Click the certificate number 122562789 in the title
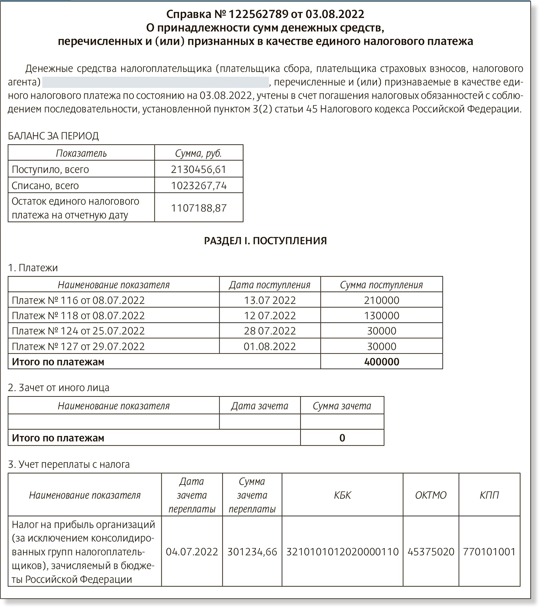pyautogui.click(x=258, y=14)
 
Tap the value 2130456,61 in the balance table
pyautogui.click(x=199, y=169)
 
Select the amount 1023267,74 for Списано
pyautogui.click(x=199, y=185)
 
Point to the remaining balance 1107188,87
pyautogui.click(x=199, y=208)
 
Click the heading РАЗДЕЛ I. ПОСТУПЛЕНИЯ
pyautogui.click(x=265, y=241)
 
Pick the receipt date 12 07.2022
pyautogui.click(x=270, y=316)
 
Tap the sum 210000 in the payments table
pyautogui.click(x=382, y=300)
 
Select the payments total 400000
pyautogui.click(x=382, y=362)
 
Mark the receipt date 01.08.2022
pyautogui.click(x=270, y=346)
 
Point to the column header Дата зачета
pyautogui.click(x=260, y=406)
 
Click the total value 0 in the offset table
pyautogui.click(x=342, y=438)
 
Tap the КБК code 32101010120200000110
pyautogui.click(x=342, y=552)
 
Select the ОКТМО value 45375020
pyautogui.click(x=431, y=552)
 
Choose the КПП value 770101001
pyautogui.click(x=489, y=552)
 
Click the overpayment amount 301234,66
pyautogui.click(x=252, y=552)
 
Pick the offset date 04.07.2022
pyautogui.click(x=192, y=552)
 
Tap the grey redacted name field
pyautogui.click(x=155, y=82)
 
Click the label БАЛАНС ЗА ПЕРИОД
pyautogui.click(x=53, y=136)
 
